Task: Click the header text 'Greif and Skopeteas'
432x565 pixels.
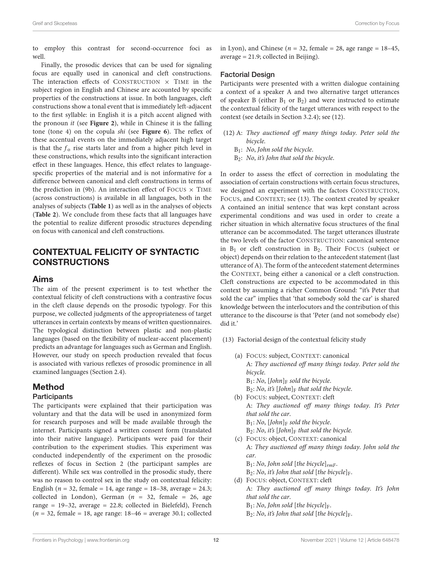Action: (x=55, y=23)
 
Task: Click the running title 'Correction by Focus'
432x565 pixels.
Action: (x=377, y=23)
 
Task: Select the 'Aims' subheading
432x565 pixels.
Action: (x=43, y=279)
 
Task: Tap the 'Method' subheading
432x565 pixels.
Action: (x=48, y=387)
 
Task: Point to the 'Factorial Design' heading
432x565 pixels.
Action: (x=247, y=75)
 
